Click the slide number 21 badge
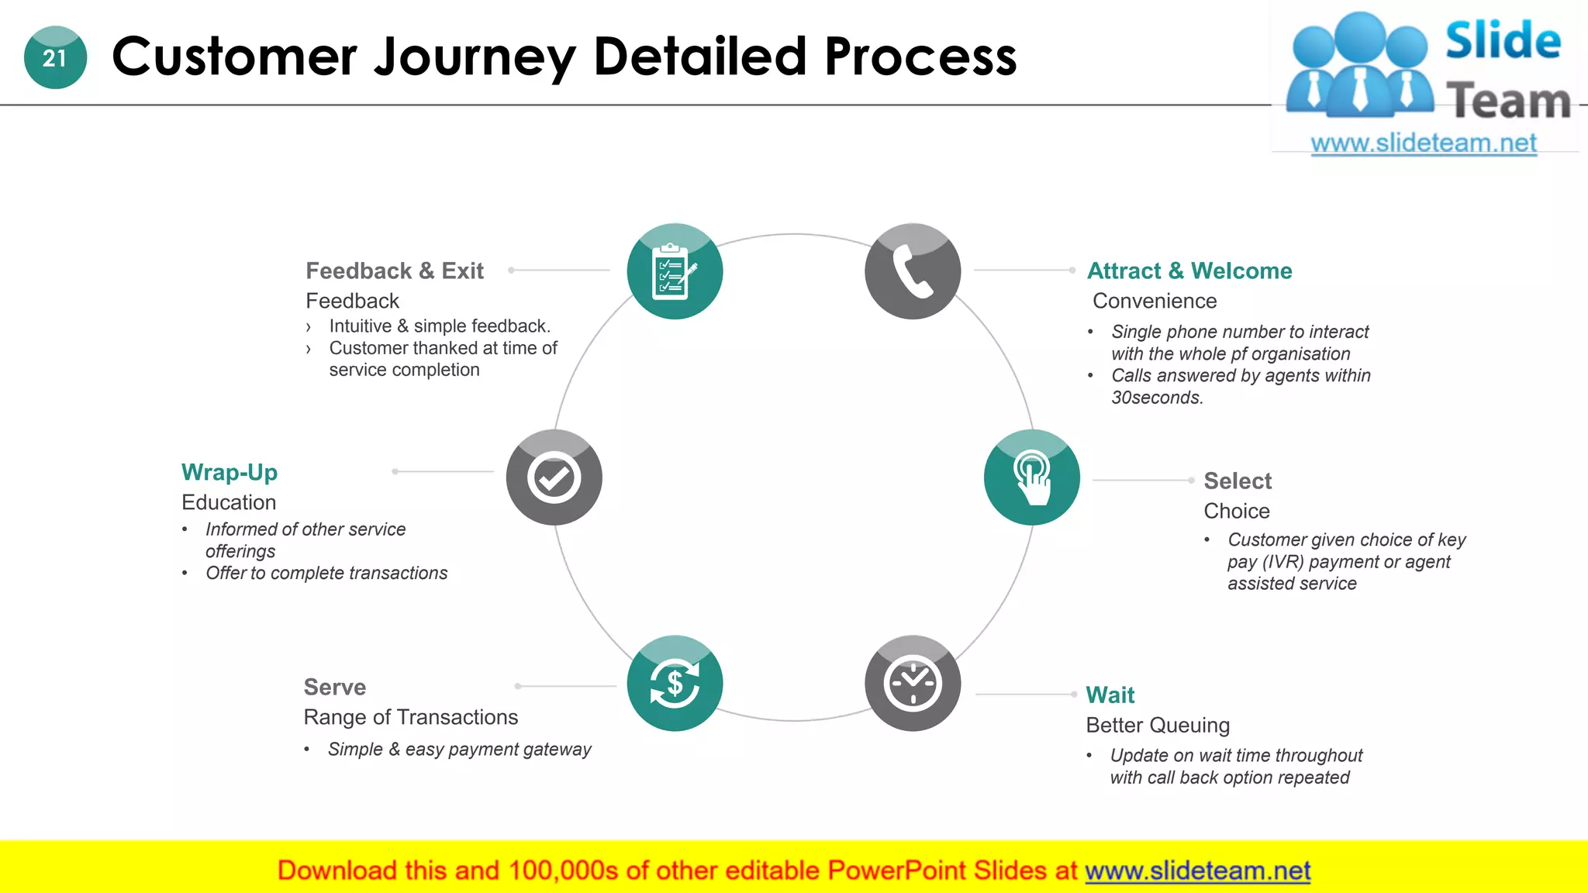point(55,57)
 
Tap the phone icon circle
point(913,271)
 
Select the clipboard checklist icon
point(675,271)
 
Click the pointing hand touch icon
point(1031,478)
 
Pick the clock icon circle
point(913,684)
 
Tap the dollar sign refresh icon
point(675,684)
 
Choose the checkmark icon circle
point(554,478)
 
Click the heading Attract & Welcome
point(1189,271)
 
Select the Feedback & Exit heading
point(394,271)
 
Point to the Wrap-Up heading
point(230,472)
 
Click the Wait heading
point(1110,695)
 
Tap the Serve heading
point(334,687)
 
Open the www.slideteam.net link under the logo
point(1423,143)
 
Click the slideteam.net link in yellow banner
point(1197,871)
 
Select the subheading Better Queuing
point(1157,725)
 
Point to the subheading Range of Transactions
point(410,717)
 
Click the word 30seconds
point(1156,398)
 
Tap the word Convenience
point(1155,301)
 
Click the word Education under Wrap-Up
point(229,502)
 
